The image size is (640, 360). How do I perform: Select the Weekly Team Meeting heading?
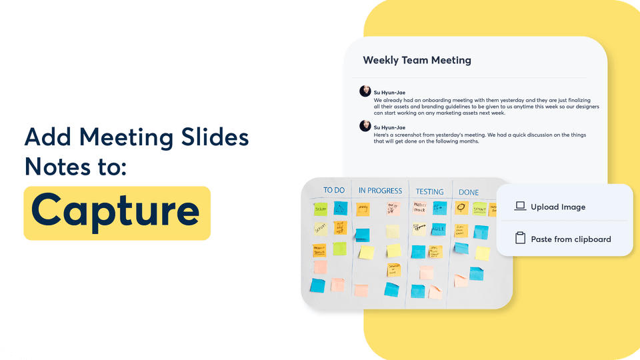(417, 60)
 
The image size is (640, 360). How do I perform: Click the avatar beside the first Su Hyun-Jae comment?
(365, 91)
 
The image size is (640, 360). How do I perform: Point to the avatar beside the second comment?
(365, 125)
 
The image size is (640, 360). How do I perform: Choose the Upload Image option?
(558, 207)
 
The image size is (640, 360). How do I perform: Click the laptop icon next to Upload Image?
(521, 207)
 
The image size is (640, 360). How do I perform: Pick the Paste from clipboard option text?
(571, 239)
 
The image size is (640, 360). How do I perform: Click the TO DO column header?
(333, 190)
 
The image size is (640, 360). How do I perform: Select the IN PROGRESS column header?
(380, 191)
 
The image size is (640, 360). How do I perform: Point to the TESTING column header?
(429, 192)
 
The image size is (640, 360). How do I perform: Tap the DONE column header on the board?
(469, 193)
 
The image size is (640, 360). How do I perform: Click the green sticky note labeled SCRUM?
(320, 209)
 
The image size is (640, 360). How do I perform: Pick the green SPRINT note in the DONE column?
(480, 209)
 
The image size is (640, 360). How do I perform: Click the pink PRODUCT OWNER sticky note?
(420, 208)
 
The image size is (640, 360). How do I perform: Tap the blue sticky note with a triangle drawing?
(341, 208)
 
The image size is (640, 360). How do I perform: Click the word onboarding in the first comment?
(433, 100)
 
